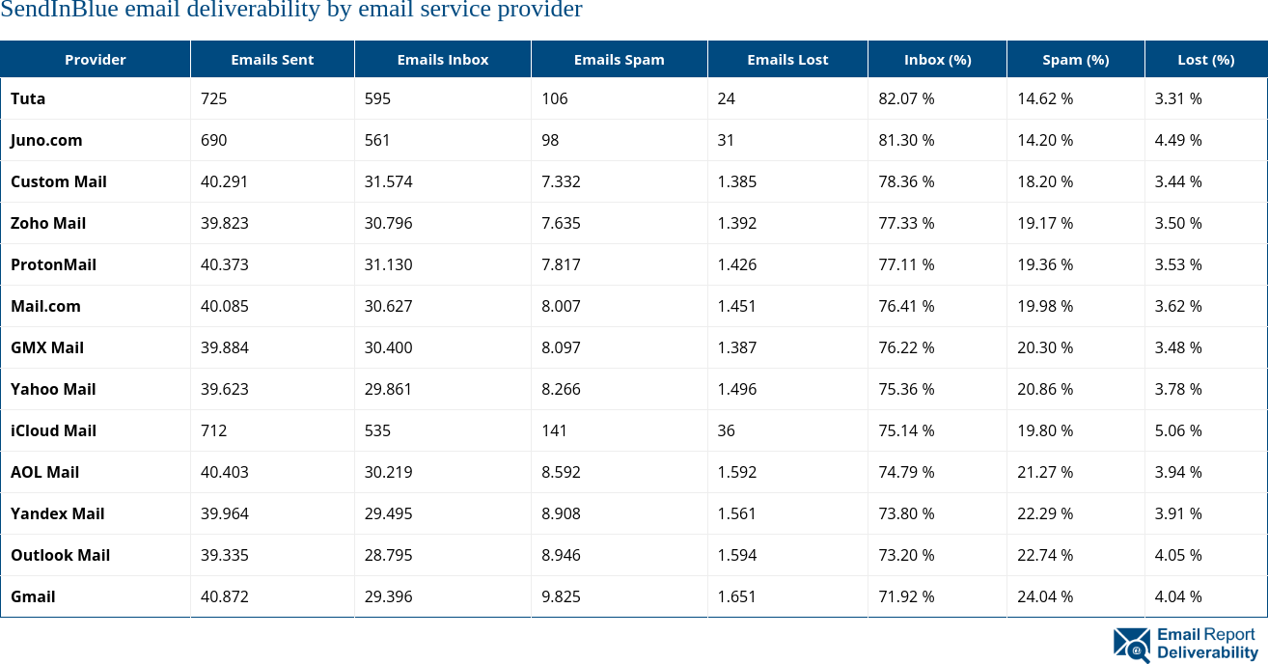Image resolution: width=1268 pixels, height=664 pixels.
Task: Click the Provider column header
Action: click(95, 60)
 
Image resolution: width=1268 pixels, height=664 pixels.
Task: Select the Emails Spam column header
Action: click(619, 60)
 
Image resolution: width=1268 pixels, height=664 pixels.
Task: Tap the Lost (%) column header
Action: click(1205, 60)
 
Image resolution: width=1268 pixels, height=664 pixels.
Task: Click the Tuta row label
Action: click(28, 98)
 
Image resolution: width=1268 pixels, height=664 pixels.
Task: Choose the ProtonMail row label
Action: click(53, 264)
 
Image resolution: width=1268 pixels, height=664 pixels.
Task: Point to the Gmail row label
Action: click(33, 596)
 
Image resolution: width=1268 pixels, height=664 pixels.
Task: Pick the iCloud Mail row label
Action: click(53, 430)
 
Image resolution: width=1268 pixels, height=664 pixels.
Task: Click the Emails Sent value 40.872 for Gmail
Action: click(224, 596)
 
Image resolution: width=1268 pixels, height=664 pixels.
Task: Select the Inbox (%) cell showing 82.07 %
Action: click(906, 98)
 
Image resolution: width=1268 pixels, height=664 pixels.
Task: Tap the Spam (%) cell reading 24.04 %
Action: click(1044, 596)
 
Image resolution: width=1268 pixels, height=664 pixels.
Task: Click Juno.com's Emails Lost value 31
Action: click(726, 140)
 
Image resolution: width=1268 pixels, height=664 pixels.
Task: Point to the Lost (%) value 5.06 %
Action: click(1178, 430)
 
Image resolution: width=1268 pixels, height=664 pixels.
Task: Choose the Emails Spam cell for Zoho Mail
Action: click(561, 223)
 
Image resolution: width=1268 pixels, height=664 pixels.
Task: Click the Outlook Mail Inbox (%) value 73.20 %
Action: click(906, 555)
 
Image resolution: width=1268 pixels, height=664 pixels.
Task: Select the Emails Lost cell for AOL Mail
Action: click(736, 472)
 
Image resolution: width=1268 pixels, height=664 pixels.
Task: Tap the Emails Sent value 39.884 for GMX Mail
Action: click(224, 347)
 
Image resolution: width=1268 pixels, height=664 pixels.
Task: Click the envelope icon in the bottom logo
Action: click(1131, 646)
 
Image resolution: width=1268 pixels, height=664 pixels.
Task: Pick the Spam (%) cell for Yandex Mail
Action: click(1044, 513)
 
